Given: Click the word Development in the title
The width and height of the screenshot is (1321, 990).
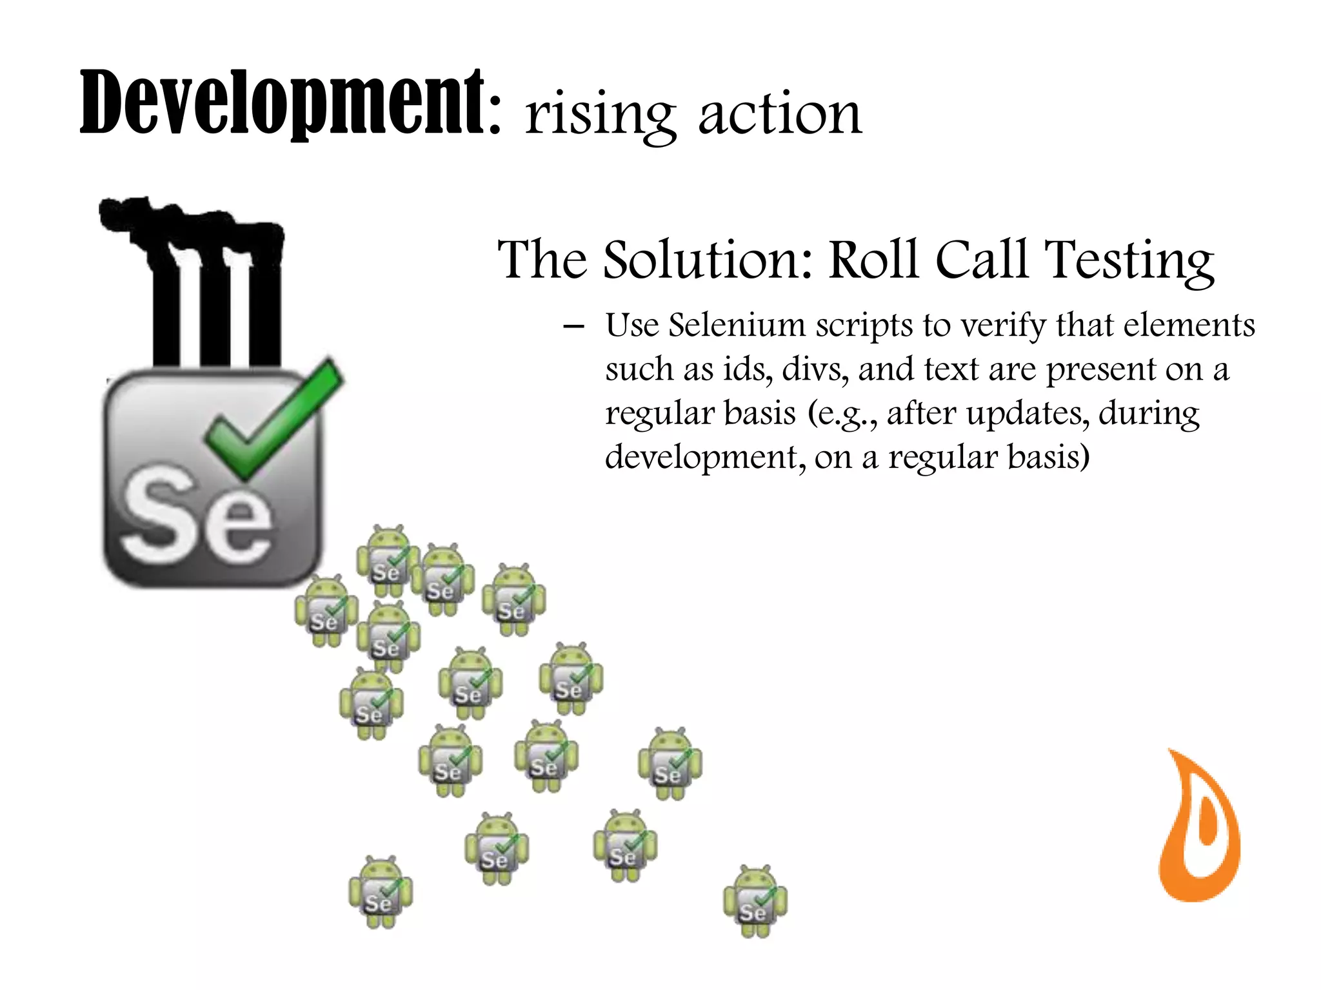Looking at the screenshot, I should tap(281, 103).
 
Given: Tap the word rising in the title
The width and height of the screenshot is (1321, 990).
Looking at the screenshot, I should tap(600, 115).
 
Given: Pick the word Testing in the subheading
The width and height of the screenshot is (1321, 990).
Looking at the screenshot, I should tap(1129, 261).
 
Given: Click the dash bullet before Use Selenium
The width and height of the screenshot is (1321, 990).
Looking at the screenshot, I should tap(573, 326).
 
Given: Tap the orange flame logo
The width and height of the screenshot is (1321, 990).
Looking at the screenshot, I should tap(1198, 828).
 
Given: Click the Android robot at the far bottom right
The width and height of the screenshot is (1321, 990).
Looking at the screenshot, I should tap(755, 901).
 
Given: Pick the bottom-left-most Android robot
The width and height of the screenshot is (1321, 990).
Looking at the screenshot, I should tap(380, 893).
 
